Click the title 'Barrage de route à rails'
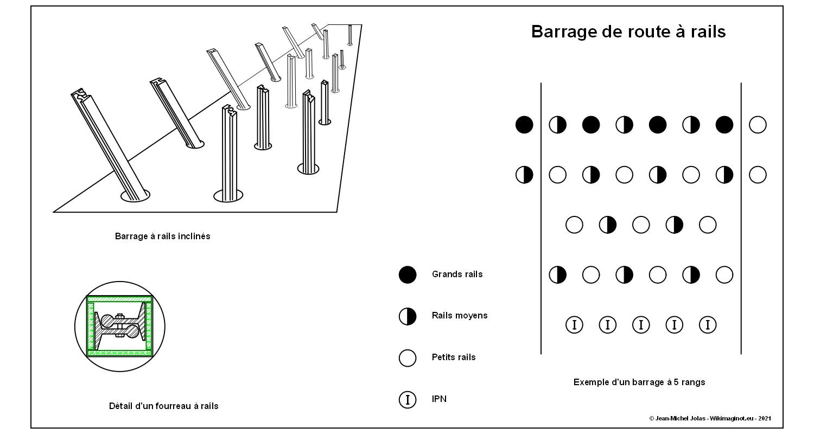pyautogui.click(x=628, y=31)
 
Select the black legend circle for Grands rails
pyautogui.click(x=408, y=275)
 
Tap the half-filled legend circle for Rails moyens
pyautogui.click(x=408, y=316)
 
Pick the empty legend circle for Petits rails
pyautogui.click(x=408, y=358)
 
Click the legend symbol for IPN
pyautogui.click(x=408, y=399)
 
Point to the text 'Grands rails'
pyautogui.click(x=457, y=275)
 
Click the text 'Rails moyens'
pyautogui.click(x=460, y=316)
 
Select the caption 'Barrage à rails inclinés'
pyautogui.click(x=162, y=237)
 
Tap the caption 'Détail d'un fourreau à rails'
pyautogui.click(x=164, y=406)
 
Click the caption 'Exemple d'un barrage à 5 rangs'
pyautogui.click(x=639, y=382)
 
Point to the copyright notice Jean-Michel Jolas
pyautogui.click(x=710, y=418)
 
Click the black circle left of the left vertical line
pyautogui.click(x=524, y=125)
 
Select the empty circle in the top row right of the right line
pyautogui.click(x=758, y=125)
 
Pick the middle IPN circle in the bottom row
pyautogui.click(x=641, y=325)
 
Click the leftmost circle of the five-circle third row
pyautogui.click(x=574, y=225)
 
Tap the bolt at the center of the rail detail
pyautogui.click(x=120, y=326)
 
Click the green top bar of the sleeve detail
pyautogui.click(x=119, y=299)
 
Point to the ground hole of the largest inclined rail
pyautogui.click(x=135, y=195)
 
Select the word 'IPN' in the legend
pyautogui.click(x=439, y=399)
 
